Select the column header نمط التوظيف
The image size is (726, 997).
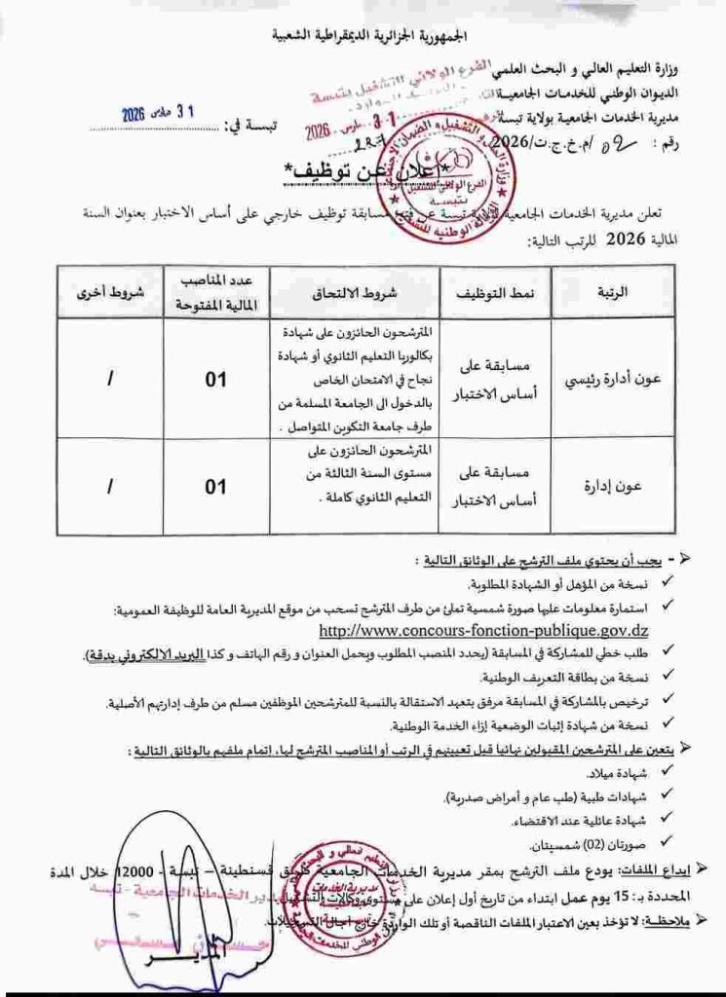coord(494,291)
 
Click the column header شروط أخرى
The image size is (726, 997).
coord(110,291)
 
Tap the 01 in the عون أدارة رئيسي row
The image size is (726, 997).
coord(215,379)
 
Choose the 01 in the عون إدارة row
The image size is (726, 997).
coord(215,486)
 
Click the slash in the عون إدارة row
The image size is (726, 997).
coord(109,486)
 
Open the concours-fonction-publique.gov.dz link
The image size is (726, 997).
coord(483,631)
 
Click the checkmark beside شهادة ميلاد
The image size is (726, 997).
coord(665,773)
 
